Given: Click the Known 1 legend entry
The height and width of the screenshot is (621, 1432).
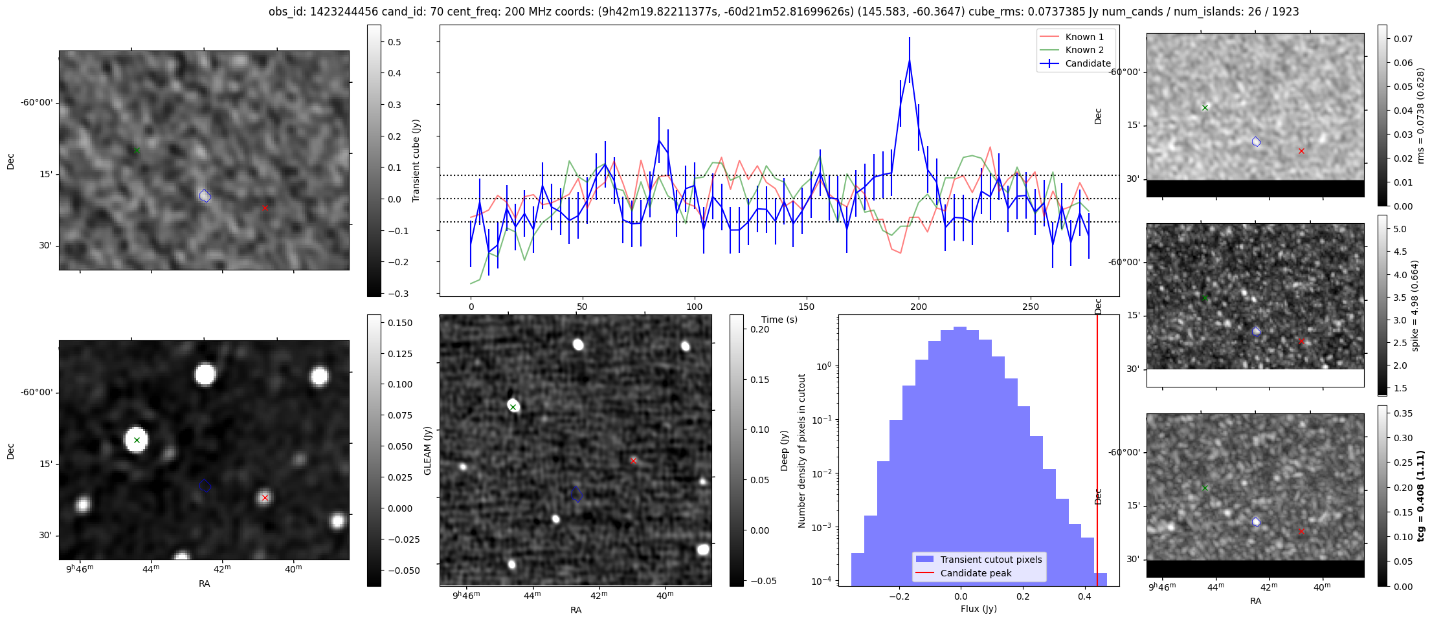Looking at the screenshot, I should click(1084, 37).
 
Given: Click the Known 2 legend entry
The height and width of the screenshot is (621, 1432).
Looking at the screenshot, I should click(1084, 50).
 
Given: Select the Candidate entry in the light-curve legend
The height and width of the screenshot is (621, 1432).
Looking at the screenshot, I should click(1088, 63).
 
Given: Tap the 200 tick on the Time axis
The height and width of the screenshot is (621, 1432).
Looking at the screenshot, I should click(919, 307).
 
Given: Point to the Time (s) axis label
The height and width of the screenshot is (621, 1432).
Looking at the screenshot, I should click(779, 320).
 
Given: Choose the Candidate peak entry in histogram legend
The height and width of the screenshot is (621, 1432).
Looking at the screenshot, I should click(976, 573).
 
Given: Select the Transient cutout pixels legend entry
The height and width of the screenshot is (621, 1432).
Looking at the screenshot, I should click(990, 560).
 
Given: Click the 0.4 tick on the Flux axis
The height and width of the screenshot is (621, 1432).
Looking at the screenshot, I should click(1085, 596).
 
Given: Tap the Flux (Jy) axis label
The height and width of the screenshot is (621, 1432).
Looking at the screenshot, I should click(979, 609).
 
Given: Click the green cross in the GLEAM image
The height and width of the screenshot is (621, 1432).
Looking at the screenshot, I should click(137, 440).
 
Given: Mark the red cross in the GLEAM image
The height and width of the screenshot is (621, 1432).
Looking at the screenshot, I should click(265, 497).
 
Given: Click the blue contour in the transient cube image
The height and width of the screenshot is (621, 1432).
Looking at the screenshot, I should click(205, 195).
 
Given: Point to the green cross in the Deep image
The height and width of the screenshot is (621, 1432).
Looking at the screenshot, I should click(513, 407).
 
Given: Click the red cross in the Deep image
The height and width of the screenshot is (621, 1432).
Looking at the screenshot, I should click(634, 461).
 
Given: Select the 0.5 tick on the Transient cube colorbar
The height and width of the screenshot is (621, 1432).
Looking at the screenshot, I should click(394, 42).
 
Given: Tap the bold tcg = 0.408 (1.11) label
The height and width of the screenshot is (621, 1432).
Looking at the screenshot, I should click(1421, 496).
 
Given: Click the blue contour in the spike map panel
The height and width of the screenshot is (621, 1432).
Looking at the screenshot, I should click(1257, 331).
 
